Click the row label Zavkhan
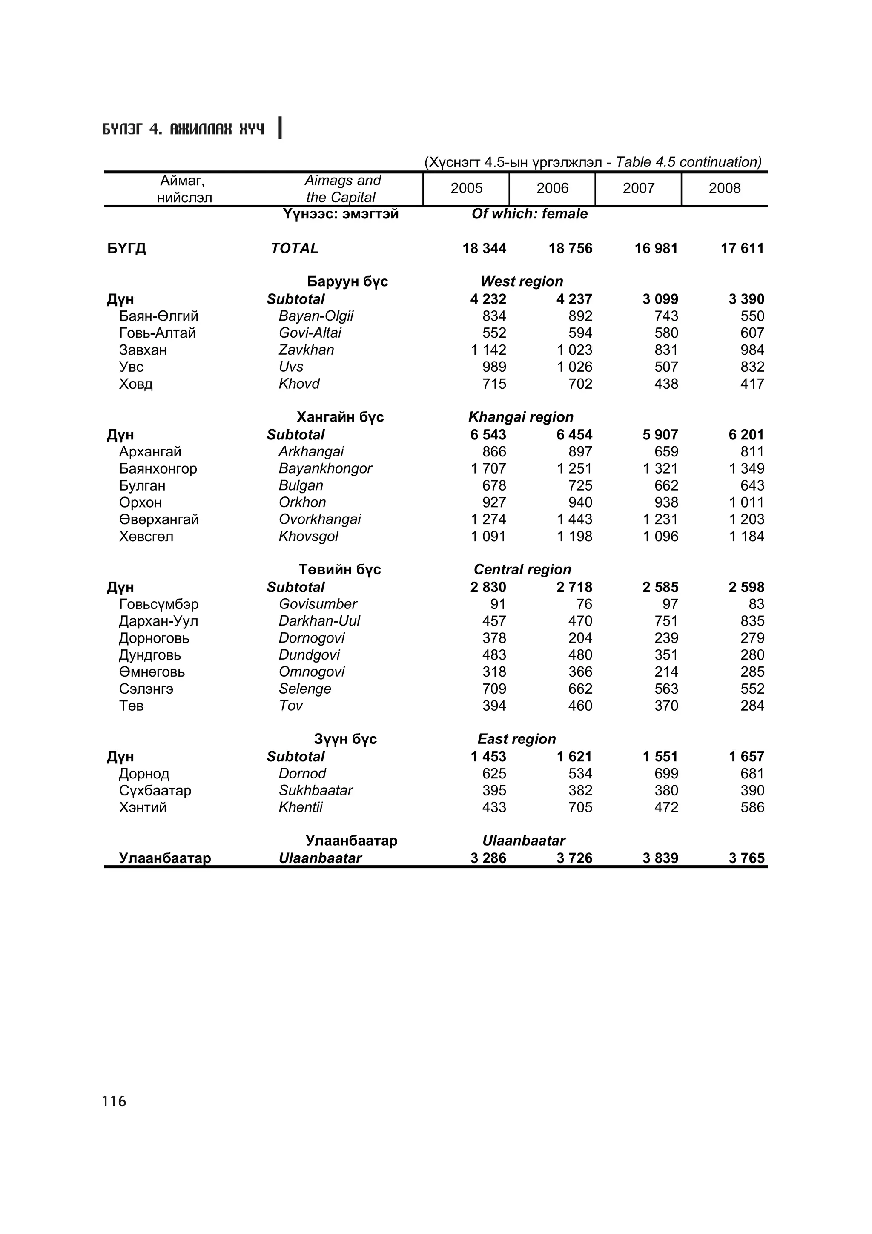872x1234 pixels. [x=306, y=350]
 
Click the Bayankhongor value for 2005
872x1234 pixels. [x=488, y=469]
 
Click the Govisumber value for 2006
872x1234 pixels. [x=584, y=604]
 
